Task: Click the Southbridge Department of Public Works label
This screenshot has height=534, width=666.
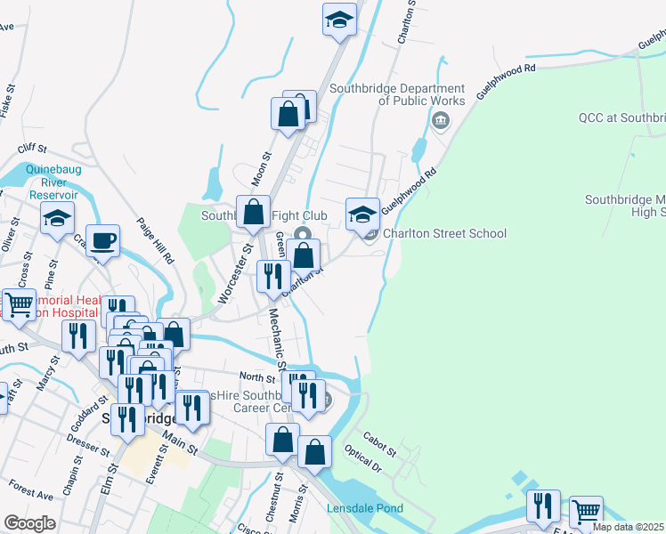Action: (x=397, y=94)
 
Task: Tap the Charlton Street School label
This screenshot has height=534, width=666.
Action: (x=444, y=234)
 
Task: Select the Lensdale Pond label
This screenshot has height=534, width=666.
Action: (x=364, y=509)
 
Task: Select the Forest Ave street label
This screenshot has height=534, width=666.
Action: (x=31, y=489)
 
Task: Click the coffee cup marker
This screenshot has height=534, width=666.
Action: (x=102, y=239)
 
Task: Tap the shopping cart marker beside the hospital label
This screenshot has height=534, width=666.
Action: (x=19, y=303)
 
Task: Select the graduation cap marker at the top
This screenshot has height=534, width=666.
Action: (x=338, y=20)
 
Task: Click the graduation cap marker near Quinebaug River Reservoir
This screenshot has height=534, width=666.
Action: (x=57, y=217)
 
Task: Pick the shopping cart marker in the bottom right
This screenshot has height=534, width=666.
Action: (x=585, y=512)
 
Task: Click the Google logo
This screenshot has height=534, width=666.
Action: (x=29, y=523)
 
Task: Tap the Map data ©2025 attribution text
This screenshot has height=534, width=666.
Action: (x=629, y=527)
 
